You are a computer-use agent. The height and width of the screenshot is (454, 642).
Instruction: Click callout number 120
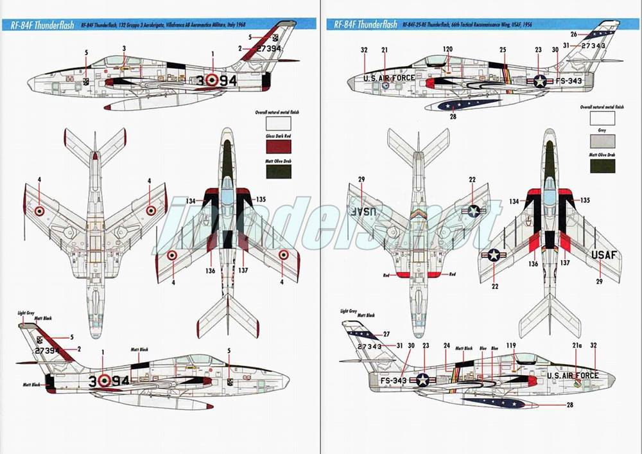pos(447,49)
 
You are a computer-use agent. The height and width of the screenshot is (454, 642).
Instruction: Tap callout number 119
pos(511,345)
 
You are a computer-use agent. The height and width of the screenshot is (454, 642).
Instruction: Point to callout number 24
pos(447,345)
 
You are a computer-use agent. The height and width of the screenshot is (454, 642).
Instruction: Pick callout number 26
pos(573,33)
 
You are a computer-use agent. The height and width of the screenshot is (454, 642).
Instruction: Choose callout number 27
pos(386,335)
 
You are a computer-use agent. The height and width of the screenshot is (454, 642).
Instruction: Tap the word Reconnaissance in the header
pos(480,25)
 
